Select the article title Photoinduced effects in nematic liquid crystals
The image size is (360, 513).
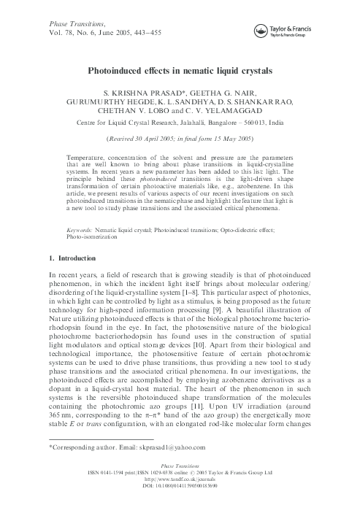click(180, 72)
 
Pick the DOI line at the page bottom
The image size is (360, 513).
click(180, 504)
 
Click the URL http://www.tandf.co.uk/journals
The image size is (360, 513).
click(180, 498)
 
